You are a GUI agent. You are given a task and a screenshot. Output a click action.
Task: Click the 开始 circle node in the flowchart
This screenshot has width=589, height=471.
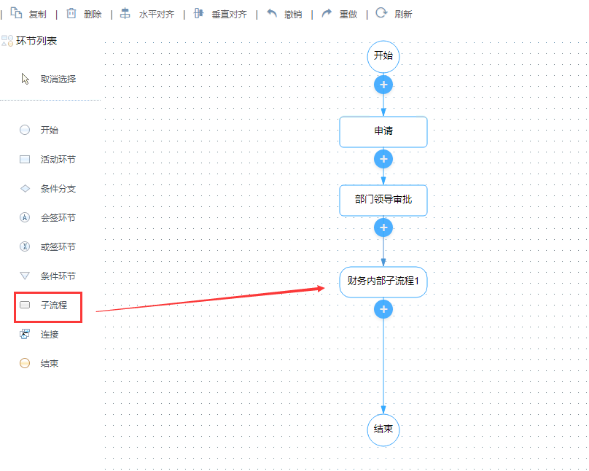click(383, 56)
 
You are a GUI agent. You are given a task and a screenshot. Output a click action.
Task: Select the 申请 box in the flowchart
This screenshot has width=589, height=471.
click(383, 131)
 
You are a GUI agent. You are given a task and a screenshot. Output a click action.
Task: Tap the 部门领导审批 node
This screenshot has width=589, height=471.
click(383, 200)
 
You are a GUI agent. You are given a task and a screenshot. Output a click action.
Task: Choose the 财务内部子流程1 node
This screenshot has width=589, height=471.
click(383, 281)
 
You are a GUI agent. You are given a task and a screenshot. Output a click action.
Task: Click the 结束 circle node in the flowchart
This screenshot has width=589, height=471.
click(383, 429)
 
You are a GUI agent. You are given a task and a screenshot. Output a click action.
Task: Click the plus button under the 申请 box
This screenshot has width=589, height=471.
click(383, 159)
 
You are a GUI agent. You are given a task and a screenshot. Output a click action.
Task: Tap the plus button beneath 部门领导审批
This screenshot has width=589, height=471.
click(383, 227)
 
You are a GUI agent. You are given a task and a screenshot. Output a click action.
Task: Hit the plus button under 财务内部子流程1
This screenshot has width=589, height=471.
click(383, 309)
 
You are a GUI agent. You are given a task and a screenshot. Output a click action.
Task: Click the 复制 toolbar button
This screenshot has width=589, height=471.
click(28, 14)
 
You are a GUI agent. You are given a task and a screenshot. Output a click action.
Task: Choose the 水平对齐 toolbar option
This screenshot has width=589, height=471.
click(147, 14)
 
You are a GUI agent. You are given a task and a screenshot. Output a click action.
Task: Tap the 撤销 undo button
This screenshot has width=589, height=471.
click(284, 14)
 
